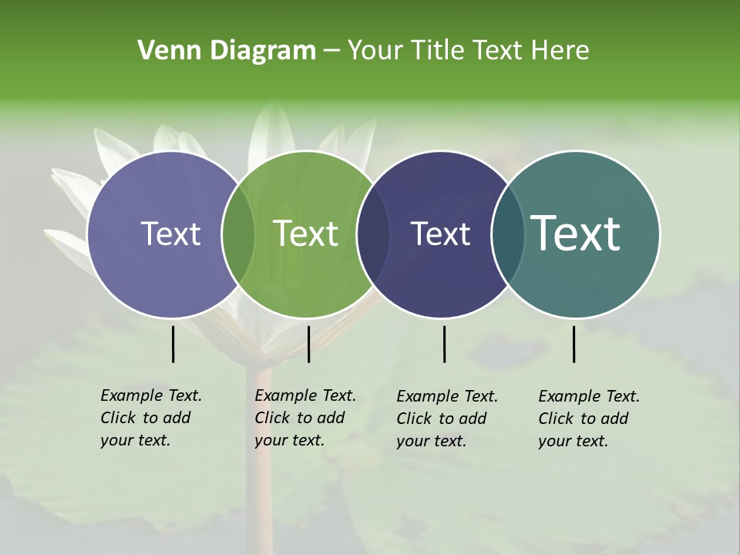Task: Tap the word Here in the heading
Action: [x=561, y=51]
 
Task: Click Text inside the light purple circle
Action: [x=170, y=234]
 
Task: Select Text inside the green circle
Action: [x=306, y=234]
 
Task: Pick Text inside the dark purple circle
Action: [x=440, y=234]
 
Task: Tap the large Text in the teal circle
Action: [x=576, y=233]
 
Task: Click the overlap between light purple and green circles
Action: [x=238, y=234]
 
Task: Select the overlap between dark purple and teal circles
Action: [x=506, y=234]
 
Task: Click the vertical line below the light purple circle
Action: [x=173, y=344]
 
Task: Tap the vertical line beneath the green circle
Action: [x=308, y=344]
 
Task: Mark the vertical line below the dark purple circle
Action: [x=445, y=344]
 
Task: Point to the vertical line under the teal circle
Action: [x=574, y=344]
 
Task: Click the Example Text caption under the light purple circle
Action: [x=150, y=418]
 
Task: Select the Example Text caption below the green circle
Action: [x=304, y=418]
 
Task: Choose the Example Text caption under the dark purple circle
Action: [x=446, y=419]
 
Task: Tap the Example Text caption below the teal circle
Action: [x=588, y=419]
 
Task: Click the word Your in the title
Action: [x=376, y=51]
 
